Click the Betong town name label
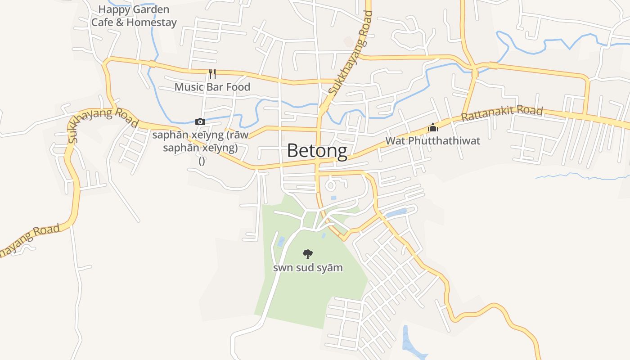click(x=317, y=151)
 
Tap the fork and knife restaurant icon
click(x=212, y=73)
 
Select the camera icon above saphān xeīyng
click(x=200, y=121)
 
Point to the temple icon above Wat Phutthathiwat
click(x=432, y=127)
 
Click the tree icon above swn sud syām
click(x=308, y=254)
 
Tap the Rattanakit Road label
click(x=502, y=113)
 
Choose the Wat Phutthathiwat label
click(x=432, y=141)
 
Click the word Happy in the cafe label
click(x=112, y=9)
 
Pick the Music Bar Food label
click(x=212, y=87)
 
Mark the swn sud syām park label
click(x=308, y=268)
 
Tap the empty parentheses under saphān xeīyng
click(x=202, y=161)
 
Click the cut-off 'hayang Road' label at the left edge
click(x=29, y=240)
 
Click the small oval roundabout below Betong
click(x=331, y=184)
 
